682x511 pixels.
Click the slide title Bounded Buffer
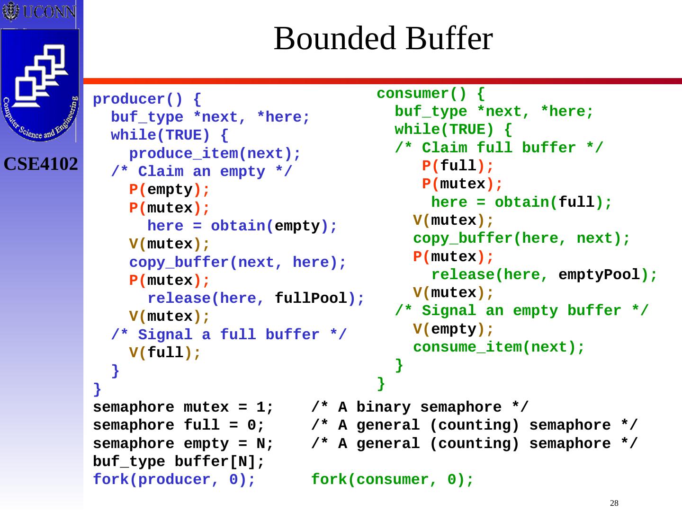[x=383, y=38]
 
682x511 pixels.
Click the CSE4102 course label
[x=41, y=164]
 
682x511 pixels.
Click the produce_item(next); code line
[x=215, y=154]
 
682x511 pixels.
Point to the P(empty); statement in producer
[x=169, y=190]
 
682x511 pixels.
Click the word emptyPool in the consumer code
[x=599, y=274]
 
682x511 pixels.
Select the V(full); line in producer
[x=165, y=352]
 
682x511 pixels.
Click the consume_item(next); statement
[x=499, y=347]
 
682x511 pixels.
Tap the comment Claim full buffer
[x=499, y=148]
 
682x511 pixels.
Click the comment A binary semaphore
[x=420, y=407]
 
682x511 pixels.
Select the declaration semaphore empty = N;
[x=183, y=443]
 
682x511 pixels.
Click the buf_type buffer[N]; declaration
[x=179, y=461]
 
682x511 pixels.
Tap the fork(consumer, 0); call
[x=392, y=479]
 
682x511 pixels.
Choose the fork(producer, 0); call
[x=174, y=479]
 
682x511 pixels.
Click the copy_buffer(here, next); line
[x=521, y=238]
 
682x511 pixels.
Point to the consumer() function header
[x=431, y=93]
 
